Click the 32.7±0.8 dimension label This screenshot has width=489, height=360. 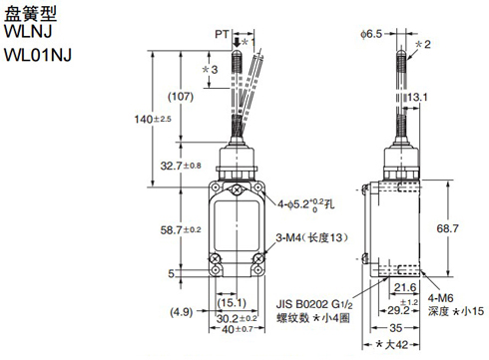click(x=181, y=165)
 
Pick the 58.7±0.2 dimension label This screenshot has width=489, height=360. click(x=181, y=228)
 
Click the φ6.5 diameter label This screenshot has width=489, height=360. click(x=374, y=33)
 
